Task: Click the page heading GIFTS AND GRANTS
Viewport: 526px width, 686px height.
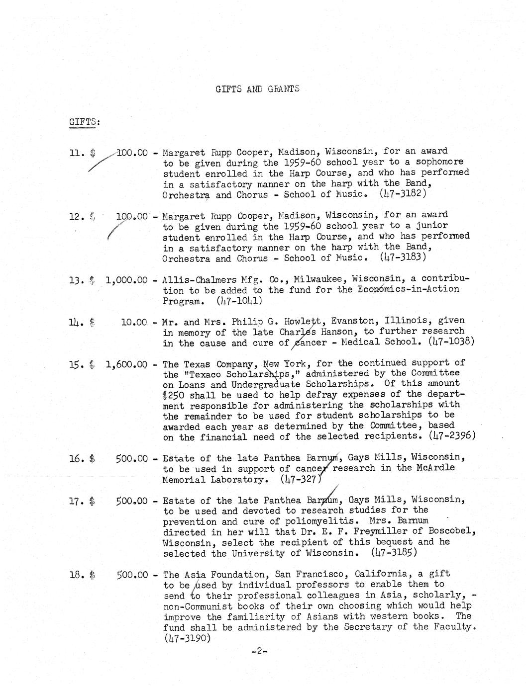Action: tap(257, 89)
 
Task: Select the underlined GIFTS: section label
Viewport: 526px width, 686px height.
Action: tap(84, 122)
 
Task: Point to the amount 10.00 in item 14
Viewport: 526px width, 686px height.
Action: tap(134, 322)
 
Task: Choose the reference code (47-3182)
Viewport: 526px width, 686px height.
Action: tap(404, 194)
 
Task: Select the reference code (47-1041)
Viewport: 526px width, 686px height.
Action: tap(240, 301)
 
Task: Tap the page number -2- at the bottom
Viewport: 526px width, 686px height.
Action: tap(259, 651)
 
